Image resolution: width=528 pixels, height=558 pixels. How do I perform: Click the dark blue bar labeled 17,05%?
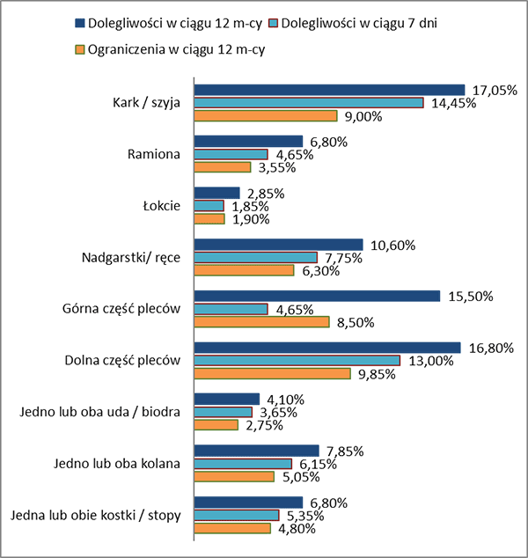[329, 89]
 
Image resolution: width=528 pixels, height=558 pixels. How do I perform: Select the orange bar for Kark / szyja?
[266, 116]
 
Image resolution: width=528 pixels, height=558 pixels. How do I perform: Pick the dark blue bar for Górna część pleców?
[317, 296]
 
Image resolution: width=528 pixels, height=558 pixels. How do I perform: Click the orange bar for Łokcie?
[209, 219]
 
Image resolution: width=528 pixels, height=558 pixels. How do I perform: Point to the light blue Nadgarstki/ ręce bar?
[255, 257]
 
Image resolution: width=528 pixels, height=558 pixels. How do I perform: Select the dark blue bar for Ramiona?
[248, 141]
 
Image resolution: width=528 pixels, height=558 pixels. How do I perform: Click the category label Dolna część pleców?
[122, 361]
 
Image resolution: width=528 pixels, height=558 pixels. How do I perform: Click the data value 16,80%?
[489, 348]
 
